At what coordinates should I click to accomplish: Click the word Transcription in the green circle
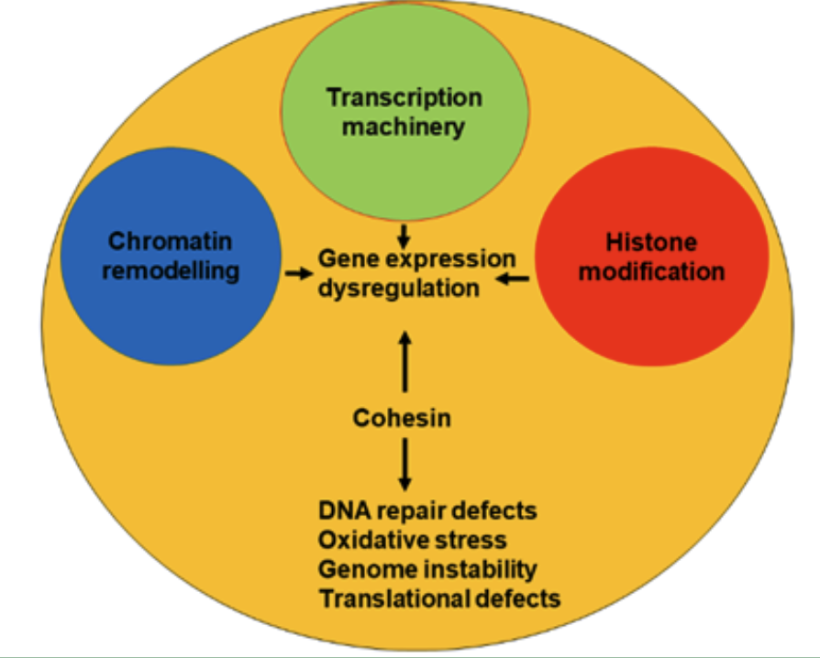tap(404, 99)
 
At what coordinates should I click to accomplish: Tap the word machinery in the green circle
tap(404, 127)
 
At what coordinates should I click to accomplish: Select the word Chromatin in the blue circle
tap(170, 241)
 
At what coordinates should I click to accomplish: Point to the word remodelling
tap(171, 271)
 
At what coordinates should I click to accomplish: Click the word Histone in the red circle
tap(651, 243)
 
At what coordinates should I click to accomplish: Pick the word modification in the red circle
tap(651, 272)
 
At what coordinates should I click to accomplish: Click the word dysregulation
tap(398, 289)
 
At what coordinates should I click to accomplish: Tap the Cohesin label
tap(402, 418)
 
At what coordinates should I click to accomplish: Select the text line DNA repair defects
tap(427, 511)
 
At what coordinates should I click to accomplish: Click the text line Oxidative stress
tap(412, 541)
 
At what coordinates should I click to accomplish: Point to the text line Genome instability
tap(427, 570)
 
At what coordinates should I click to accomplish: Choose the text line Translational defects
tap(439, 599)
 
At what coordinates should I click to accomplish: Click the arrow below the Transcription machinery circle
tap(404, 236)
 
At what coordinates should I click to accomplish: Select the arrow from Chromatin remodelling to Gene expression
tap(299, 273)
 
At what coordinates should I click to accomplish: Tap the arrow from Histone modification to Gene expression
tap(513, 279)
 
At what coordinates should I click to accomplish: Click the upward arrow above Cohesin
tap(404, 362)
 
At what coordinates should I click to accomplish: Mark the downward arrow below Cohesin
tap(404, 465)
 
